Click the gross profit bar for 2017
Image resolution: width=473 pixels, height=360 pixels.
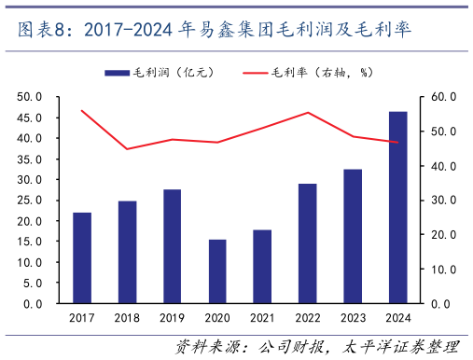(x=82, y=258)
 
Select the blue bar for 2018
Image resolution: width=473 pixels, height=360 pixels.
(x=127, y=252)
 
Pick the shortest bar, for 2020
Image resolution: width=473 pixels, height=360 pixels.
(x=217, y=271)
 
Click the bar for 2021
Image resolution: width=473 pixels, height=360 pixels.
(x=262, y=267)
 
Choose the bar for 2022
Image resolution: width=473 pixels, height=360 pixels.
(x=308, y=243)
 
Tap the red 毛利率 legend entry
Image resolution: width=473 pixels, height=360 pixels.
(x=304, y=73)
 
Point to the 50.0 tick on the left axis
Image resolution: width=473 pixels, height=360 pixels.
(x=31, y=96)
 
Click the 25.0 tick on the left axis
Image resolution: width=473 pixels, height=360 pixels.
(x=31, y=201)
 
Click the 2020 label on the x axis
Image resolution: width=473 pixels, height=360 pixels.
(x=217, y=319)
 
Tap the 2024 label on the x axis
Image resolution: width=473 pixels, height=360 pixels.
(x=397, y=319)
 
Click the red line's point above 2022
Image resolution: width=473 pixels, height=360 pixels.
(x=308, y=113)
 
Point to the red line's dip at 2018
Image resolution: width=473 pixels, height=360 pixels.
(x=127, y=149)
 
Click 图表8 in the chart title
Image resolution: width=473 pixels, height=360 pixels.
(x=42, y=31)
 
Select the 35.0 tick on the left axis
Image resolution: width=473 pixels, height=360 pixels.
(x=31, y=159)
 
